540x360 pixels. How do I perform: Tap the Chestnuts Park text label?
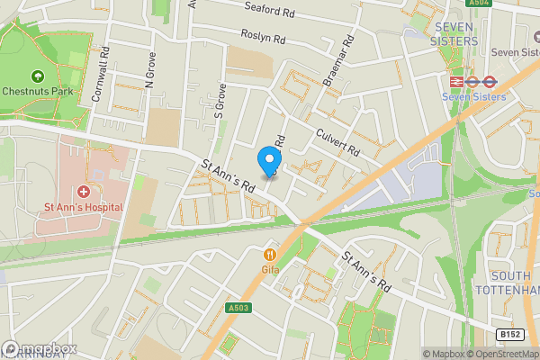(x=38, y=91)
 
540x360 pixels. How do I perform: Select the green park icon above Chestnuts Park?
(x=38, y=76)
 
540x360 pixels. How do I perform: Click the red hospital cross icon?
(x=84, y=191)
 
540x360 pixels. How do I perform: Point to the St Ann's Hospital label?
(x=84, y=206)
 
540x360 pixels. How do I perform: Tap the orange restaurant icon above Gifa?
(x=268, y=254)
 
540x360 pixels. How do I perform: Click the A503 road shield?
(x=238, y=308)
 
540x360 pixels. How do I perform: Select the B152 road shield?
(x=510, y=334)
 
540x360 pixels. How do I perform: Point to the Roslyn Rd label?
(x=263, y=38)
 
